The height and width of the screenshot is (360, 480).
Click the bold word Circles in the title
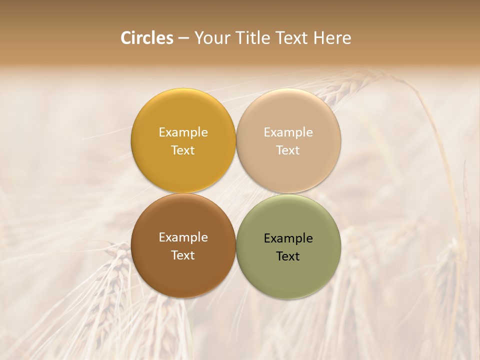coord(147,38)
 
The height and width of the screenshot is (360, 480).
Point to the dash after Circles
coord(183,38)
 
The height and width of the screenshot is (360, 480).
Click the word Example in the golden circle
coord(183,132)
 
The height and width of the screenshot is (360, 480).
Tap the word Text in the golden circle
coord(183,150)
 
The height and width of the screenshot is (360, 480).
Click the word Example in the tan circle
coord(288,132)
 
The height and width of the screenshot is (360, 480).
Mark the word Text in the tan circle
coord(288,150)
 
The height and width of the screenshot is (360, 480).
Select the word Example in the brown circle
coord(183,237)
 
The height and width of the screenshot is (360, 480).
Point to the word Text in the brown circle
coord(183,255)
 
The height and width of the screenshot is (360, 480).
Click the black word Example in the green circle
coord(288,238)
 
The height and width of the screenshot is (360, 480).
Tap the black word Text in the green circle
coord(288,256)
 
